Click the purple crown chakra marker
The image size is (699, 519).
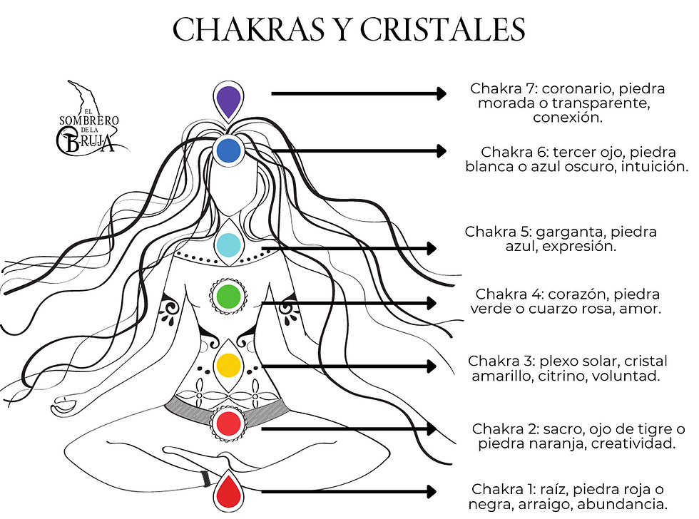click(228, 101)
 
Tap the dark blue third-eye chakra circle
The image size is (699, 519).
click(229, 150)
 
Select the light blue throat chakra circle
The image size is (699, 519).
click(228, 245)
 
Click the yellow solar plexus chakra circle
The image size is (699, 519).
click(228, 366)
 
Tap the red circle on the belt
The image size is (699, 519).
click(228, 423)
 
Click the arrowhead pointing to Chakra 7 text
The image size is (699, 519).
click(442, 93)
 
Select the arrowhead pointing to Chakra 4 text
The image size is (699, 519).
click(432, 303)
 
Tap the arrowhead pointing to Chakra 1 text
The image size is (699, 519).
click(432, 492)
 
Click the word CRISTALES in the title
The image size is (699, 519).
click(442, 30)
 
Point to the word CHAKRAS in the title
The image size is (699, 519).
click(248, 30)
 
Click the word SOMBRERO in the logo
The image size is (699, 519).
click(89, 120)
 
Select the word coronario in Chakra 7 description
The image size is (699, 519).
click(578, 88)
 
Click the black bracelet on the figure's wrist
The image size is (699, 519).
click(205, 478)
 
